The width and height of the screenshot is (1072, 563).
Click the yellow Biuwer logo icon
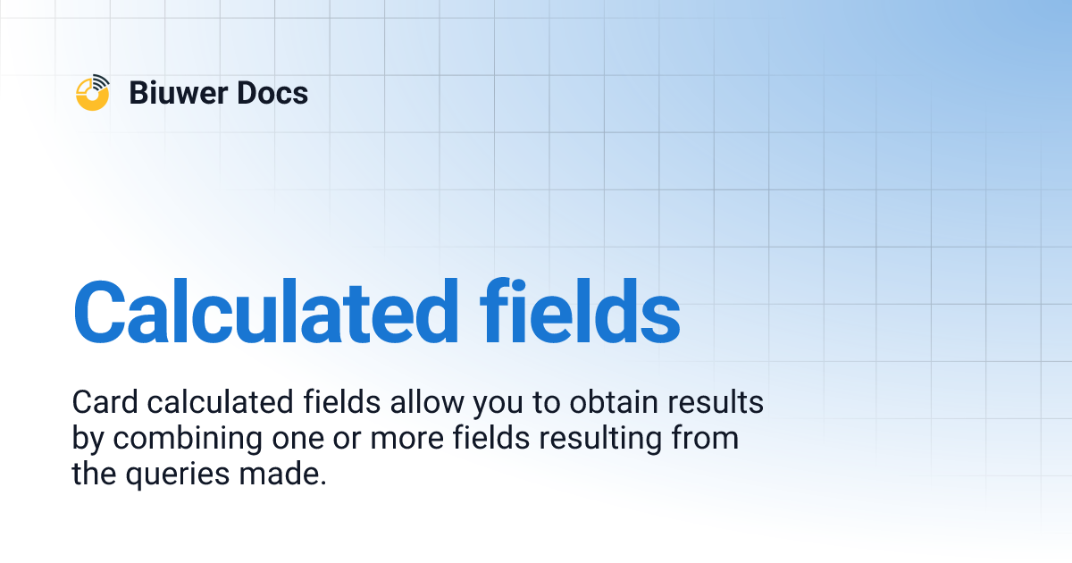pyautogui.click(x=92, y=93)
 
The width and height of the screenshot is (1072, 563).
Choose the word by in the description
pyautogui.click(x=88, y=440)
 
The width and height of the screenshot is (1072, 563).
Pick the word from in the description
pyautogui.click(x=705, y=439)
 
